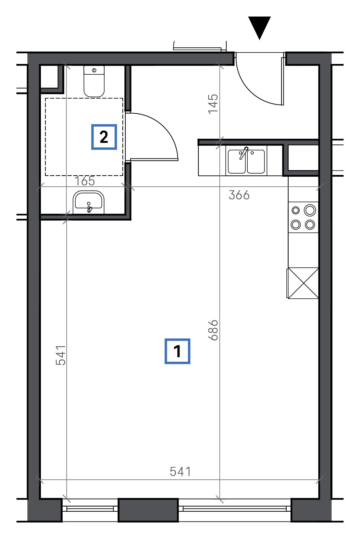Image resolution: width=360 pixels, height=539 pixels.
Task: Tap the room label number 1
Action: coord(177,352)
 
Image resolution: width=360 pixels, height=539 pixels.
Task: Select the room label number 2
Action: coord(104,137)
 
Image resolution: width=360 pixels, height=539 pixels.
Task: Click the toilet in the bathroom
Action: coord(94,81)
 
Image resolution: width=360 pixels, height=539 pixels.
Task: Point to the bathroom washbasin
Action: coord(89,202)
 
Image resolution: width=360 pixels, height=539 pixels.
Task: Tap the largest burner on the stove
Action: coord(310,210)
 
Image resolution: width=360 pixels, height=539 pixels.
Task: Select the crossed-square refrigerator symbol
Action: coord(303,283)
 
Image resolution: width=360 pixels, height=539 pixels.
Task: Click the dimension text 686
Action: coord(213,330)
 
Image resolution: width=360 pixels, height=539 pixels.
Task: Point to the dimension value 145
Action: coord(213,104)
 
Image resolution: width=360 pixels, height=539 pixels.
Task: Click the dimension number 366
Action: coord(239,195)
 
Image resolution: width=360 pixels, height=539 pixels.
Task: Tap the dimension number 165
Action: coord(85,181)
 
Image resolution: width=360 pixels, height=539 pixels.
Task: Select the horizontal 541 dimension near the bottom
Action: coord(180,471)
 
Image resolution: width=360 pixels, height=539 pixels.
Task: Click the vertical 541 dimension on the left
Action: coord(61,355)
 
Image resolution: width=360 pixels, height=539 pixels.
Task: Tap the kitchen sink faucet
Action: coord(244,153)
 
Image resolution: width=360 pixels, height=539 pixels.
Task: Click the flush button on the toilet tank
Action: coord(94,70)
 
